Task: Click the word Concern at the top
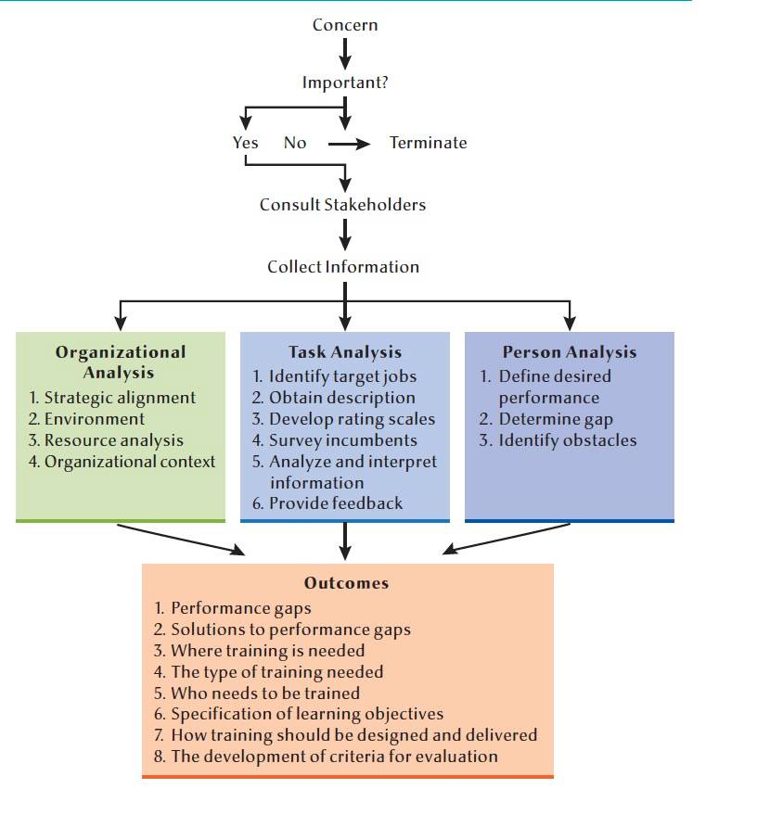click(344, 25)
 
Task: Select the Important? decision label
click(345, 83)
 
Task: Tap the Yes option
click(246, 143)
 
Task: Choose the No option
click(295, 143)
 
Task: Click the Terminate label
click(428, 143)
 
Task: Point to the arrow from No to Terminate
click(349, 144)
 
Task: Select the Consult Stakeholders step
click(342, 205)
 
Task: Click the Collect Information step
click(343, 267)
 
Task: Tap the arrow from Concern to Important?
click(344, 54)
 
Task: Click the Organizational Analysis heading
click(121, 362)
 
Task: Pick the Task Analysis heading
click(345, 351)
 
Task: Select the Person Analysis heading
click(570, 351)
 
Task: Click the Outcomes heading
click(347, 583)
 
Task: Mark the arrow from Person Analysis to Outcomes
click(507, 539)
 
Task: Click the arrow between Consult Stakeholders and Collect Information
click(344, 235)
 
